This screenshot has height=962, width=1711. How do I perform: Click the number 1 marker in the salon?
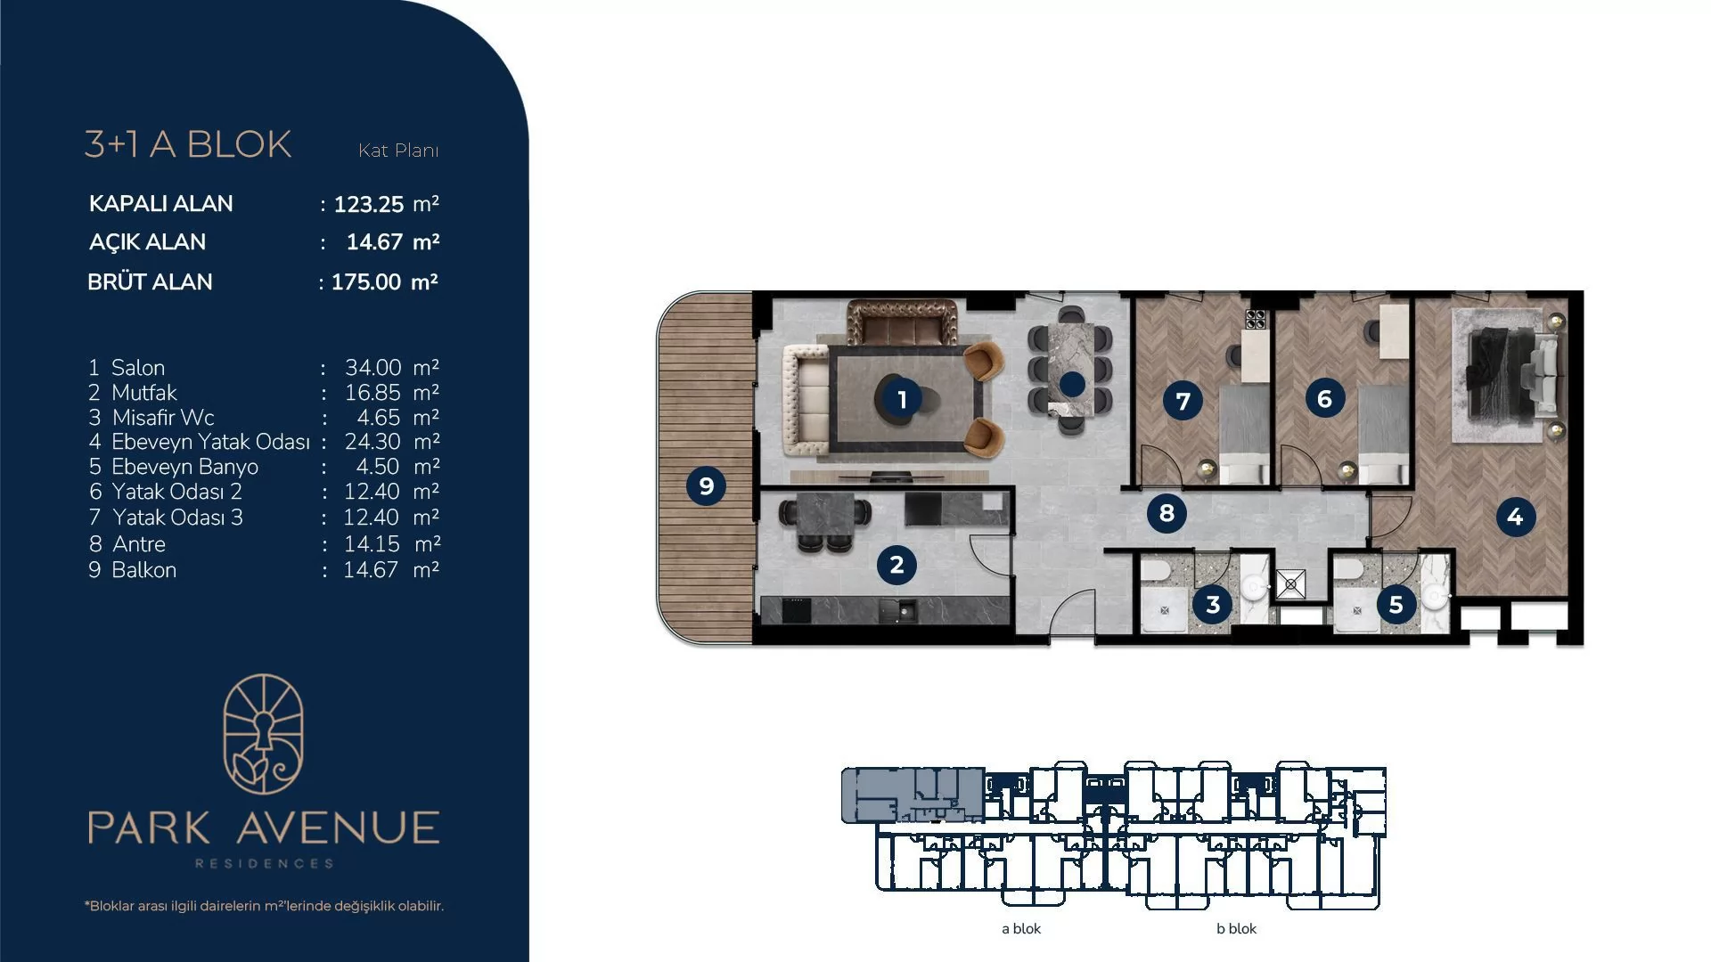pos(902,400)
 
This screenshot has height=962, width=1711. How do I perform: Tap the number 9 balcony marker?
pos(706,485)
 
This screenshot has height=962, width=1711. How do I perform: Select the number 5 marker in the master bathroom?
pos(1396,604)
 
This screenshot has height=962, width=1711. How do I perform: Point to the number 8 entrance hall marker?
pos(1167,512)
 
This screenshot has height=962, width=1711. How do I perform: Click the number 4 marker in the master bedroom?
pos(1515,517)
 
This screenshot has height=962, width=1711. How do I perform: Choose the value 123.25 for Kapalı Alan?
pos(369,204)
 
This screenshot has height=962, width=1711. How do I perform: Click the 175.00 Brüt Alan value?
pos(366,281)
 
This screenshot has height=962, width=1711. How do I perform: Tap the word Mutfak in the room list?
pos(144,393)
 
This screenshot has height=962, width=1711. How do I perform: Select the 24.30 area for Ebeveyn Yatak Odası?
pos(372,442)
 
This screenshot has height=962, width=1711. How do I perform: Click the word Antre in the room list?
pos(139,544)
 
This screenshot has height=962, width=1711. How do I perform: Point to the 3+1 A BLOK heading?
pos(188,144)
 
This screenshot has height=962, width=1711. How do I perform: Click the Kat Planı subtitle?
pos(398,151)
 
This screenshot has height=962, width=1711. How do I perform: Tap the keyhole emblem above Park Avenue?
pos(263,734)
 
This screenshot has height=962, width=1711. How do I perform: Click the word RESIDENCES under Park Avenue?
pos(264,863)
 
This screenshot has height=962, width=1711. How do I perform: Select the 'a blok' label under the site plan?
pos(1021,928)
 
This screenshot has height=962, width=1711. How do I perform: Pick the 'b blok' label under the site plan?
pos(1236,928)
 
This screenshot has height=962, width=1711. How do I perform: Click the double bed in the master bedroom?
pos(1505,373)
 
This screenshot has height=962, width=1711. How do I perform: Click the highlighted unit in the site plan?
pos(913,795)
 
